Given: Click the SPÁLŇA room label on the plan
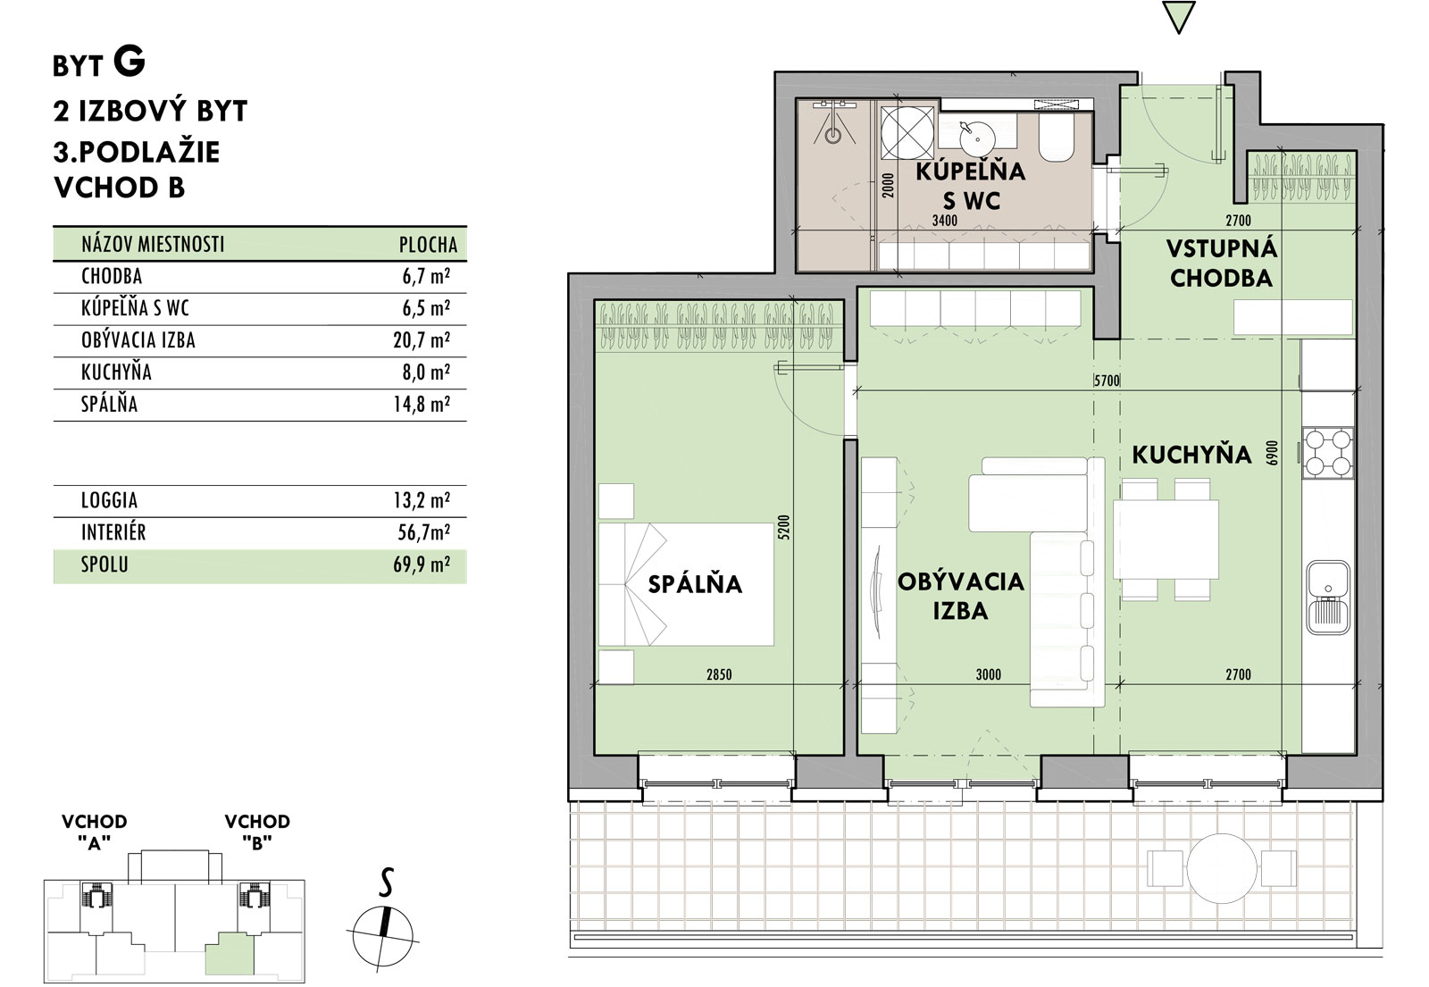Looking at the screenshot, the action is point(695,584).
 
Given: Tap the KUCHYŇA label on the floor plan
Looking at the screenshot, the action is point(1191,455).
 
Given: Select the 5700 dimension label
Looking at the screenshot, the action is point(1107,381).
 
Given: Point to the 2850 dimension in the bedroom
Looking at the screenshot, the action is point(719,674).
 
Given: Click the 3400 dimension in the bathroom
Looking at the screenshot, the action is point(945,221).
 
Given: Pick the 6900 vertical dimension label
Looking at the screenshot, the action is point(1273,453).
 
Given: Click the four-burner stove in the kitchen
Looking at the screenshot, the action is point(1328,453).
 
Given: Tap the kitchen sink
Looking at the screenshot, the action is point(1328,598).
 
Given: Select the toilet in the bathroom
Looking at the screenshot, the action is point(1057,137).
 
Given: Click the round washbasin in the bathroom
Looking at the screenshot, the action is point(976,139).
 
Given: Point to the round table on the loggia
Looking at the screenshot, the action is point(1222,868).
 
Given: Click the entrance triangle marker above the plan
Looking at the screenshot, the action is point(1178,17).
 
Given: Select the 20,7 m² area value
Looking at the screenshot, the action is point(422,340).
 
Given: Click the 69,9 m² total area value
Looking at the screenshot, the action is point(422,565).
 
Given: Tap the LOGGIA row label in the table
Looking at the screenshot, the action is point(109,500).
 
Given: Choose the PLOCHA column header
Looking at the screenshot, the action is point(428,245).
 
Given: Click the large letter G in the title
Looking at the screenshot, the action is point(130,62).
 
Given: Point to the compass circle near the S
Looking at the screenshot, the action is point(383,936).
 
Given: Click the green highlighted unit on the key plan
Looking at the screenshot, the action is point(230,953).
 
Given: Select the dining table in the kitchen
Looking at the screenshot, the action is point(1166,540).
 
